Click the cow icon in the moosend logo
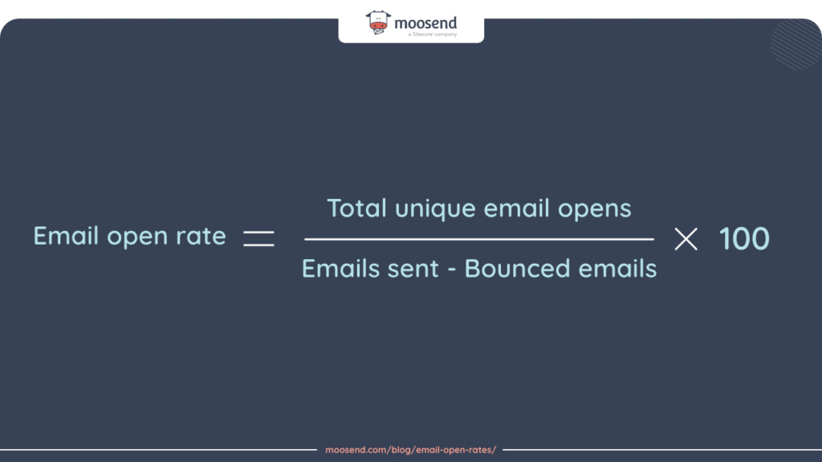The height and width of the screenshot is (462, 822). point(379,22)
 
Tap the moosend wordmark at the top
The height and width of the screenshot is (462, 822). point(425,23)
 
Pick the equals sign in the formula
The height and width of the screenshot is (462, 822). point(258,238)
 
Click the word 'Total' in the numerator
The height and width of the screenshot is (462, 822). point(357,209)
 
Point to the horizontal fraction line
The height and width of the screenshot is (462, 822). point(479,239)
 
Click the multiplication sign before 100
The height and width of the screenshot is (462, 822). point(686,238)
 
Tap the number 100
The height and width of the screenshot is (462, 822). point(744,238)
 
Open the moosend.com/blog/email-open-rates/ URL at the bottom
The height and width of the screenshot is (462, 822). point(410,450)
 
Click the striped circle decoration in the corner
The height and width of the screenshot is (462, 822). point(796,44)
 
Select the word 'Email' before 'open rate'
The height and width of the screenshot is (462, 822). point(67,237)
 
